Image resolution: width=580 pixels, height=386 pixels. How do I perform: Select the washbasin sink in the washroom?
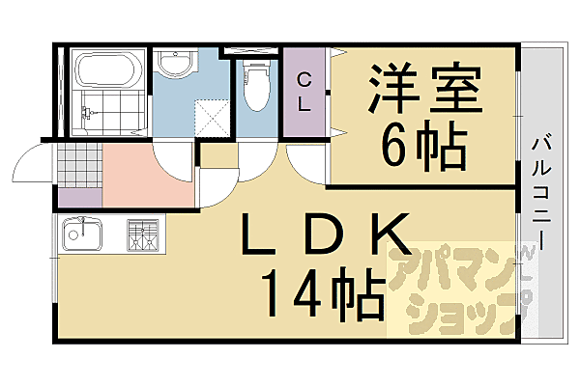pyautogui.click(x=177, y=66)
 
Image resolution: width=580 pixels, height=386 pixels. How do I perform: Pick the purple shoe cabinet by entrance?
pyautogui.click(x=77, y=198)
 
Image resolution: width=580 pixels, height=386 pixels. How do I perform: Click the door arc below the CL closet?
pyautogui.click(x=307, y=159)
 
